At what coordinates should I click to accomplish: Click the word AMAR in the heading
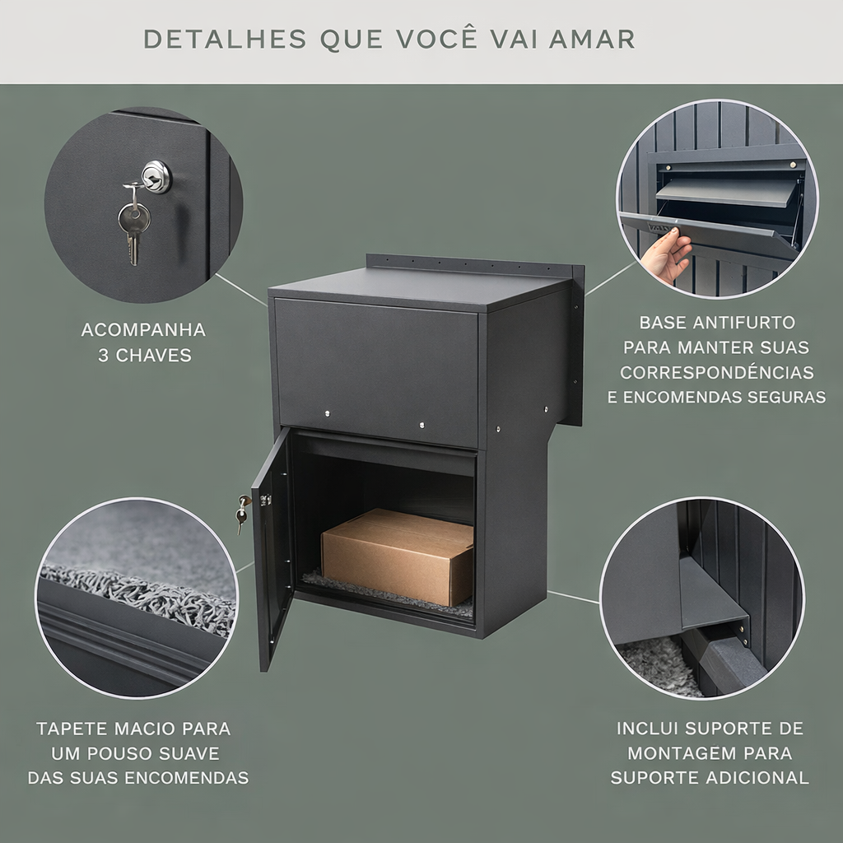pyautogui.click(x=592, y=40)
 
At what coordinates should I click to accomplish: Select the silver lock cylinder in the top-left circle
pyautogui.click(x=156, y=176)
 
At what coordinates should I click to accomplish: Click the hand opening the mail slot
pyautogui.click(x=664, y=254)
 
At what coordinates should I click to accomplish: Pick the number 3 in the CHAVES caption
pyautogui.click(x=103, y=356)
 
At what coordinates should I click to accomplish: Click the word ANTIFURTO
pyautogui.click(x=743, y=323)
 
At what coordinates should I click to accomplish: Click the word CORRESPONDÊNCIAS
pyautogui.click(x=717, y=372)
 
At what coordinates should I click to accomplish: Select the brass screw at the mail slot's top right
pyautogui.click(x=792, y=165)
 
